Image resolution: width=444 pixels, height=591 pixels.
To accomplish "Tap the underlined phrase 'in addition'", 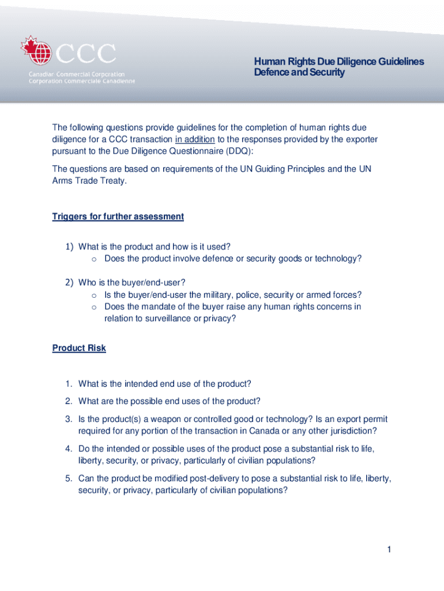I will pos(195,139).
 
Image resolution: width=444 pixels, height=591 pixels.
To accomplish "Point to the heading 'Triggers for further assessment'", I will pos(118,216).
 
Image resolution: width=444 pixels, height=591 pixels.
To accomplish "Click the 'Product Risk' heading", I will pos(79,348).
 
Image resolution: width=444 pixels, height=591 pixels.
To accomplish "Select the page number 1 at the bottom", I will pos(389,549).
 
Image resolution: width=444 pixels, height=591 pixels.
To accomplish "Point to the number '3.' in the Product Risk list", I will pos(68,419).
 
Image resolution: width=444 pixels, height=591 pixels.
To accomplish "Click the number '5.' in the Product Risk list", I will pos(68,478).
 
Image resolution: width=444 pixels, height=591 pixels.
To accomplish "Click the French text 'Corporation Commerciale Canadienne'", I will pos(82,81).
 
